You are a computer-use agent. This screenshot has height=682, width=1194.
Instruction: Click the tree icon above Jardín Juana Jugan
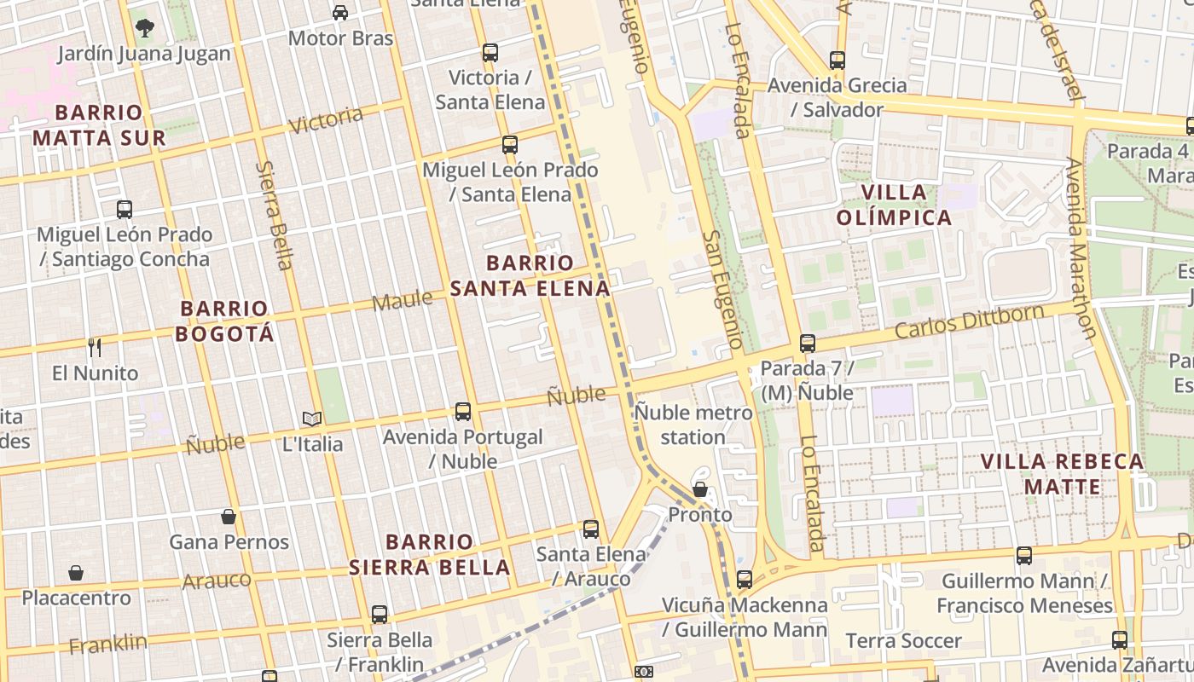coord(145,27)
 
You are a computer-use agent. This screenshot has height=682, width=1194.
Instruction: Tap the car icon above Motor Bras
coord(340,12)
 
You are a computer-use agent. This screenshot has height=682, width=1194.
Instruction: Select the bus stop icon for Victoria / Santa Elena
coord(490,53)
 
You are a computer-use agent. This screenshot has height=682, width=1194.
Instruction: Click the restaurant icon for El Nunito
coord(95,347)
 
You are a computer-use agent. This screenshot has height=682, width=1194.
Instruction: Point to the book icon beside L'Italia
coord(312,419)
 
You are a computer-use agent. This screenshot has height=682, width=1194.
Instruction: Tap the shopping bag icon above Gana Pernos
coord(229,517)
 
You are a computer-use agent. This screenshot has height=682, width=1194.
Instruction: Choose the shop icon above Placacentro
coord(76,573)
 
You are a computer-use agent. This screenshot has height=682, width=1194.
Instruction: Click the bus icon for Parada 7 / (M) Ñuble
coord(807,344)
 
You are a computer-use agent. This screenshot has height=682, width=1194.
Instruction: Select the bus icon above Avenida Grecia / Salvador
coord(838,61)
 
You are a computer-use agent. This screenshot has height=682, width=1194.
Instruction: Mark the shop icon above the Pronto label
coord(700,489)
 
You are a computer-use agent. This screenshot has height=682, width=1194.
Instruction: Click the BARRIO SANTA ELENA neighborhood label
coord(530,275)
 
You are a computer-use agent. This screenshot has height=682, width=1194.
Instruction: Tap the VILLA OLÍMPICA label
coord(894,205)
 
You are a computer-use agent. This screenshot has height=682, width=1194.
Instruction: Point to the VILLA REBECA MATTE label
coord(1062,474)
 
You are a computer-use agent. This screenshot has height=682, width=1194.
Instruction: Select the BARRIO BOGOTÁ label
coord(225,321)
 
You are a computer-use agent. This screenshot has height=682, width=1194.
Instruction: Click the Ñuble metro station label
coord(693,425)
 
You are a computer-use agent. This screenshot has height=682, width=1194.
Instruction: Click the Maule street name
coord(402,300)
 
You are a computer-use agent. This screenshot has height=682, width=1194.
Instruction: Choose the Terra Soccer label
coord(903,640)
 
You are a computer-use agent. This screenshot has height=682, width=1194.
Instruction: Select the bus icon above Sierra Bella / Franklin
coord(380,615)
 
